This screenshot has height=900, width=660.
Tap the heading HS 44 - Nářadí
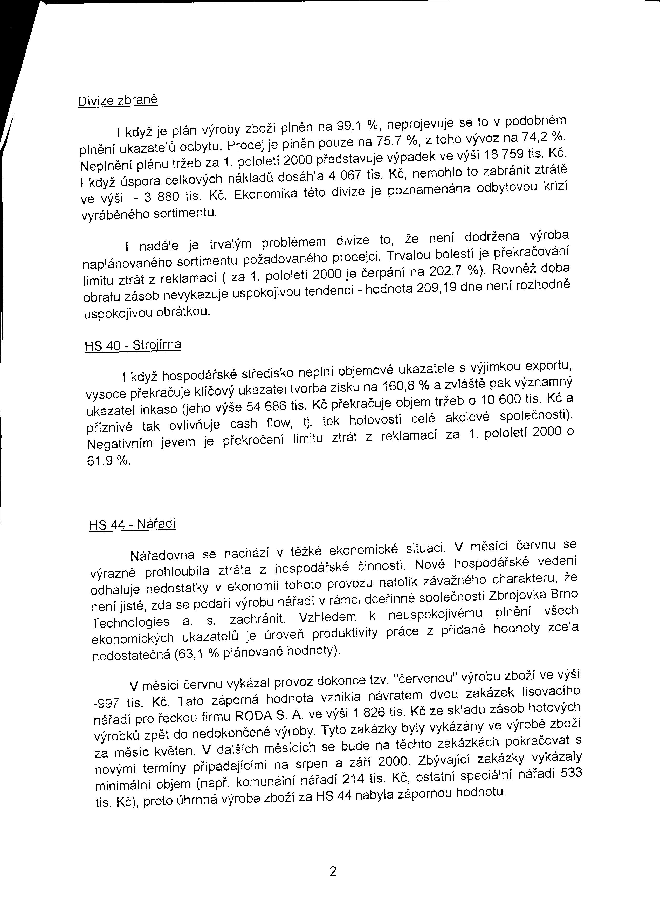point(133,524)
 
